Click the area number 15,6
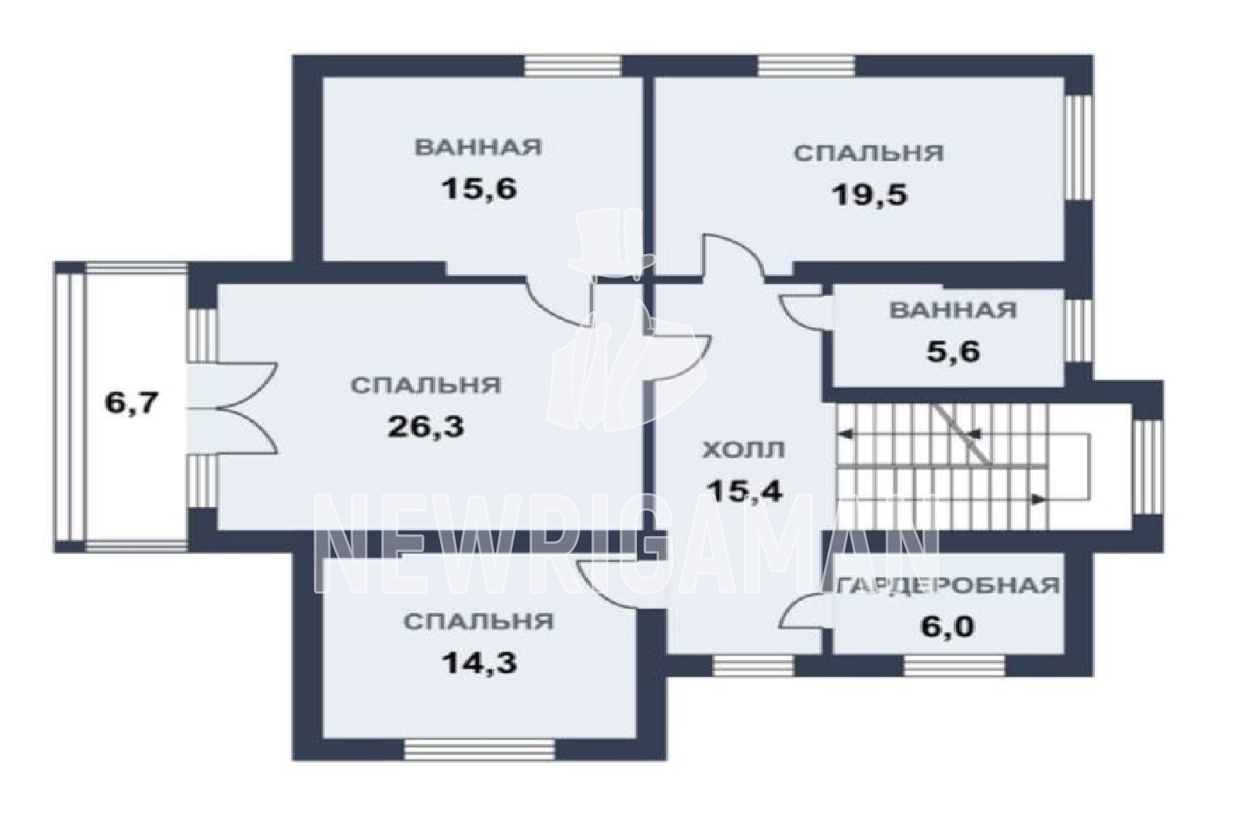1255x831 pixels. point(479,189)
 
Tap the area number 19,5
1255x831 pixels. point(869,195)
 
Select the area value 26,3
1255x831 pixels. point(427,427)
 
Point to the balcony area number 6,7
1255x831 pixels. point(133,403)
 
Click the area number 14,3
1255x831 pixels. point(479,663)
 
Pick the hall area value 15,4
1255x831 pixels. point(744,491)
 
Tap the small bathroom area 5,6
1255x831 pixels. point(953,352)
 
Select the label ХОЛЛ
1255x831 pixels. point(744,449)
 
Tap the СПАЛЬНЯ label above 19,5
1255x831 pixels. point(869,153)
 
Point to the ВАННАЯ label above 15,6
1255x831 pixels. point(478,147)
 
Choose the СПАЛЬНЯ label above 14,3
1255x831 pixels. point(479,622)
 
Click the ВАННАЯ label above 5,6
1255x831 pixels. point(953,310)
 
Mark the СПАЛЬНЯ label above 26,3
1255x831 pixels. point(426,385)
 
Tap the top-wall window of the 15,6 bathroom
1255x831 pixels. point(573,66)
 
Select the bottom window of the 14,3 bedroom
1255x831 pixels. point(479,749)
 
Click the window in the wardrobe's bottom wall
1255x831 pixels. point(954,666)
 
